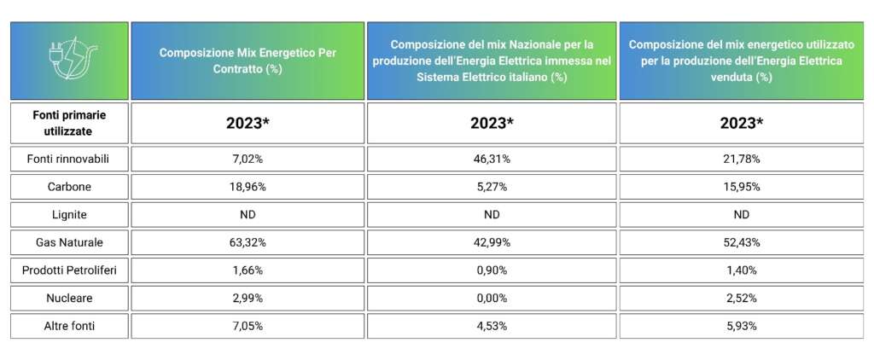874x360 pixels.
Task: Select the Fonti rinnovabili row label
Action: pos(68,159)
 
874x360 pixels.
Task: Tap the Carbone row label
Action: pos(68,187)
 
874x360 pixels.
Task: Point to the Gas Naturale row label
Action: pos(68,242)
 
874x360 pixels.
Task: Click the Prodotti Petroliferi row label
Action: pos(68,270)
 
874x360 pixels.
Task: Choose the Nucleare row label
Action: pos(68,298)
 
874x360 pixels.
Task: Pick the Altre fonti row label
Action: pos(69,326)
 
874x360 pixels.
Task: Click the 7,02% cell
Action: pos(248,159)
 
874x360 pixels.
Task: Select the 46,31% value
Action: pos(492,159)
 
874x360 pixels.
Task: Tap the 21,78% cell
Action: pos(742,159)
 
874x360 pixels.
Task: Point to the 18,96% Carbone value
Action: pos(248,187)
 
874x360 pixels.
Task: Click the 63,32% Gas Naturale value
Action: pos(248,242)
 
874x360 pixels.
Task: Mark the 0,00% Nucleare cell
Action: pos(492,298)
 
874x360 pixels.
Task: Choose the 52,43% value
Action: pos(742,242)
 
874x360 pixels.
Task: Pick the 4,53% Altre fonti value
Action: pos(492,326)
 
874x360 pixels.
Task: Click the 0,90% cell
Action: pos(492,270)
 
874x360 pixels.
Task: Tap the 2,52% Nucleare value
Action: pos(742,298)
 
